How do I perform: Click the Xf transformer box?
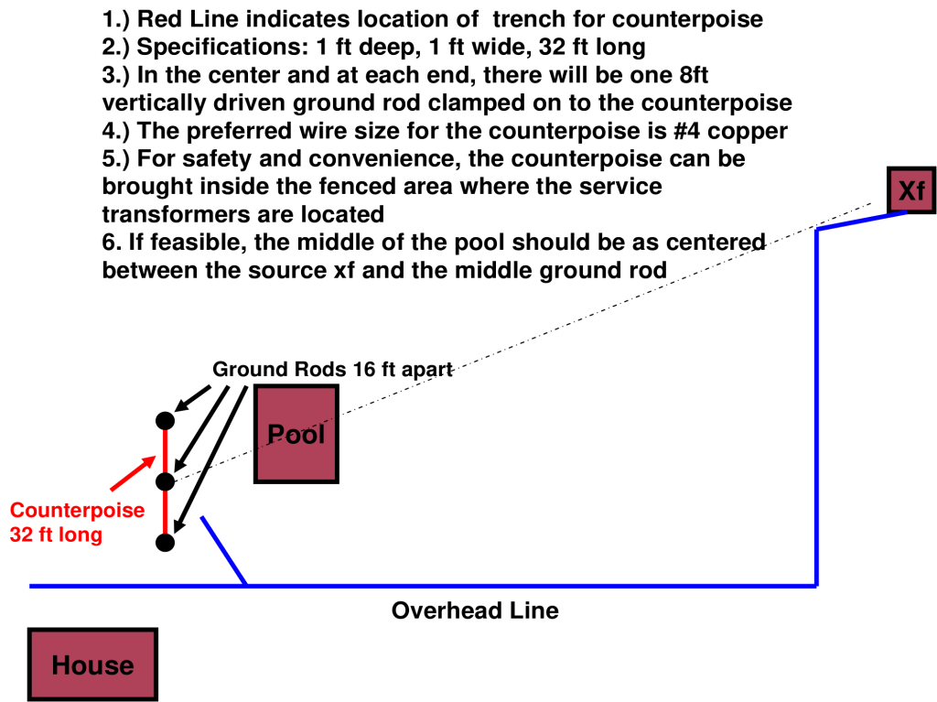(x=910, y=190)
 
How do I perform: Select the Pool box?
(x=296, y=433)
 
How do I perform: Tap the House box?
(x=92, y=664)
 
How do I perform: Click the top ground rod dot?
(x=165, y=421)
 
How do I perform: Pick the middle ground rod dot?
(x=165, y=481)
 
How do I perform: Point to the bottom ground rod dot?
(x=165, y=543)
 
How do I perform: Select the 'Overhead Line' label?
(x=474, y=610)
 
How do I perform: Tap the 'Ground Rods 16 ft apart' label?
(x=333, y=370)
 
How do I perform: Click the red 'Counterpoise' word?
(x=77, y=510)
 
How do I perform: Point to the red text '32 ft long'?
(x=56, y=535)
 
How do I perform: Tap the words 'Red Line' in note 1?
(x=186, y=18)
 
